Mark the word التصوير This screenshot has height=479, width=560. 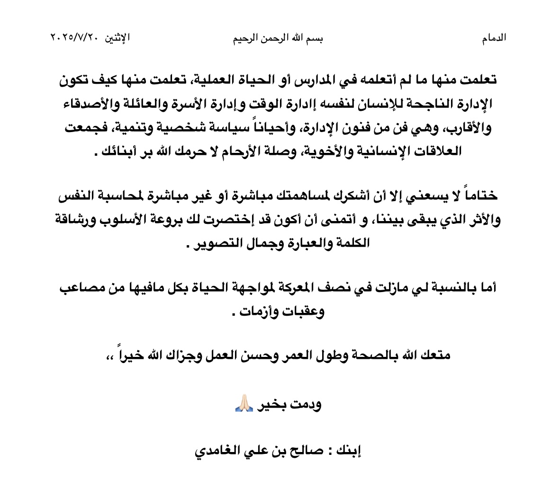213,244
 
